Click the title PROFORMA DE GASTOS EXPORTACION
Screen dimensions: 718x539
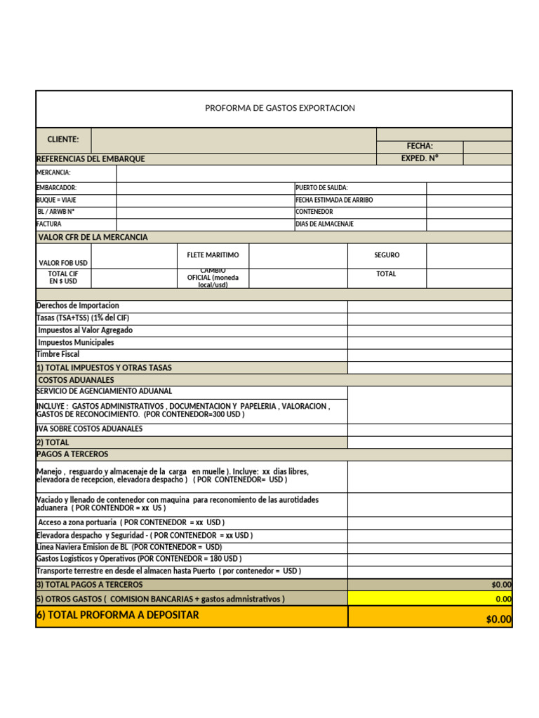(279, 108)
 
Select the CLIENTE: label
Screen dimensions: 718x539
(63, 140)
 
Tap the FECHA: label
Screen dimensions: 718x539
(420, 146)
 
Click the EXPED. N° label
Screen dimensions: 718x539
(420, 158)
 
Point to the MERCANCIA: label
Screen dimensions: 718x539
(53, 172)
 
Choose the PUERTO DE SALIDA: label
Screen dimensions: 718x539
(321, 188)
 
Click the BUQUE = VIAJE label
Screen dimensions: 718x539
(56, 200)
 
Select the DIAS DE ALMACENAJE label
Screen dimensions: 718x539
(324, 224)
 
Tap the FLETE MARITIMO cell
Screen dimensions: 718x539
(213, 255)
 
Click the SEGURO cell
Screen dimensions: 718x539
(387, 255)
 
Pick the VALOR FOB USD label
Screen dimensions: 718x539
(63, 262)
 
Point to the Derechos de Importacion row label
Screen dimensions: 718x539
(78, 306)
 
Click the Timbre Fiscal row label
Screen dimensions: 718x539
(58, 354)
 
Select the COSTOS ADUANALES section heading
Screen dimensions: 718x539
(76, 380)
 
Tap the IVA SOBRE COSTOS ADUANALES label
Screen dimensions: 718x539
(89, 428)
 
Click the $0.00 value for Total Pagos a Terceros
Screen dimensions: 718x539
(501, 584)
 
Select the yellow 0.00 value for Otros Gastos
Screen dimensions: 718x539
(503, 599)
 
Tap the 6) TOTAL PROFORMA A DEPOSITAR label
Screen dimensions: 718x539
(117, 615)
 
